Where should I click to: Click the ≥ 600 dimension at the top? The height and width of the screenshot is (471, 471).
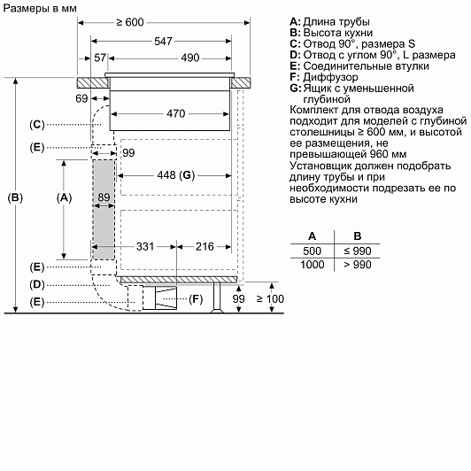coord(130,22)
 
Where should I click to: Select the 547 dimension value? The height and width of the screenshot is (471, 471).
coord(163,41)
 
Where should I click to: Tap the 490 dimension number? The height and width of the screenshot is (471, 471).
coord(190,58)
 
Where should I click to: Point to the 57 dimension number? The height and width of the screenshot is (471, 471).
coord(100,58)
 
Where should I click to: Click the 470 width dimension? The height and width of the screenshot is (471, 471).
coord(176,113)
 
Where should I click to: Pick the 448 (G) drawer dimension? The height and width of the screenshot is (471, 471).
coord(176,175)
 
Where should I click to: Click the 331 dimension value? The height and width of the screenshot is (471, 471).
coord(145,247)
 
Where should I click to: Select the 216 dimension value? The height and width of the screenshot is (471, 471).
coord(205,247)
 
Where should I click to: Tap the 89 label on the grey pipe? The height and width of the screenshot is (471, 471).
coord(104,197)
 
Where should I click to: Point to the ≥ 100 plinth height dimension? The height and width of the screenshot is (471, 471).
coord(270,299)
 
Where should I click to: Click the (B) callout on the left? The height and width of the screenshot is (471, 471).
coord(15,197)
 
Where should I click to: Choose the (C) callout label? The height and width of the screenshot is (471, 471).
coord(37,124)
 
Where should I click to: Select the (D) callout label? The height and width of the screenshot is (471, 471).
coord(37,284)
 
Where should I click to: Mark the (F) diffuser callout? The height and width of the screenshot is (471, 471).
coord(196,299)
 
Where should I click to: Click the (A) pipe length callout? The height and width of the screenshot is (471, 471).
coord(64,197)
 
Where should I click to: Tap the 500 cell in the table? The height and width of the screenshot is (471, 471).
coord(313,251)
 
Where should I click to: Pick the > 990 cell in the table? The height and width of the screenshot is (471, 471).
coord(358,265)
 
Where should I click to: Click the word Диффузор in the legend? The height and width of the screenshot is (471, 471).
coord(330,77)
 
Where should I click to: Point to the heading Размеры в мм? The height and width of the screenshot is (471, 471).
coord(40,9)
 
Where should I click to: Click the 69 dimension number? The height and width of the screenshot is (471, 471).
coord(81,98)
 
